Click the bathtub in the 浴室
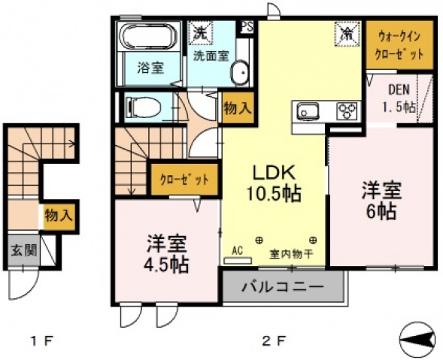[x=148, y=38]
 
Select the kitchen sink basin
[x=309, y=112]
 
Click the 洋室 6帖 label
[x=380, y=200]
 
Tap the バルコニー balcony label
[x=283, y=287]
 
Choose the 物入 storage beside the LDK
[x=238, y=108]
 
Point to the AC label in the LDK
[x=237, y=251]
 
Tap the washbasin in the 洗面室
[x=239, y=73]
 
